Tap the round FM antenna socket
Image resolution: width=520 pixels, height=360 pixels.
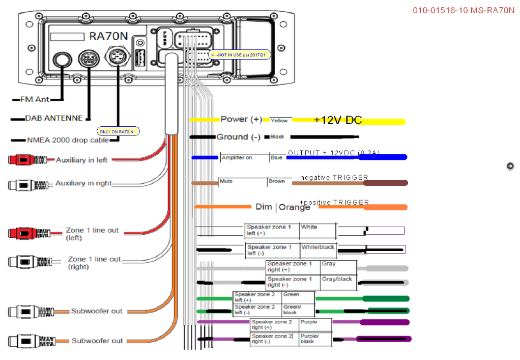point(62,60)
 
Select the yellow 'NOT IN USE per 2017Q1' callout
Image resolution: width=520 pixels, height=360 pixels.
point(240,54)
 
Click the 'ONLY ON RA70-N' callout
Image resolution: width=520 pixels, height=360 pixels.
point(118,132)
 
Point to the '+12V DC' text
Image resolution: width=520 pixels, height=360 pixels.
point(338,120)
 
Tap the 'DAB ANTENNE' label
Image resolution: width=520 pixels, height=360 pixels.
point(53,118)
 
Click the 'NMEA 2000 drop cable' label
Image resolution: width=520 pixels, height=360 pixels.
point(68,140)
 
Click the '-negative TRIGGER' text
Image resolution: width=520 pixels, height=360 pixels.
point(333,177)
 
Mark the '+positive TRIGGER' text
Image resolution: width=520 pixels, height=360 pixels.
point(334,202)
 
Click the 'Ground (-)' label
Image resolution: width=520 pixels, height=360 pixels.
point(238,137)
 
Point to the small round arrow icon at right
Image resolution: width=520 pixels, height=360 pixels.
point(510,166)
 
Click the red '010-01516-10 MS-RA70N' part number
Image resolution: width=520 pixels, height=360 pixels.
point(464,10)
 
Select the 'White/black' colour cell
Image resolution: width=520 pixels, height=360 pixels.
point(317,247)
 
